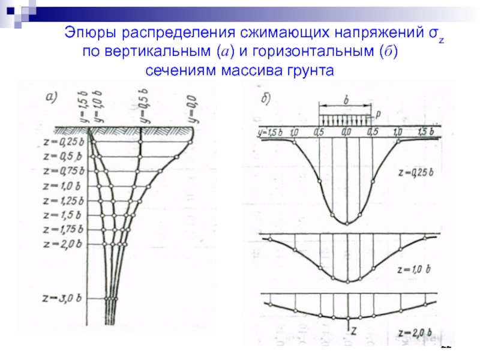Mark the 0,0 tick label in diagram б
tap(346, 131)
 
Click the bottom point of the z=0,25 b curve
tap(347, 223)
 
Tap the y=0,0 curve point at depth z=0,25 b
tap(191, 142)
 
